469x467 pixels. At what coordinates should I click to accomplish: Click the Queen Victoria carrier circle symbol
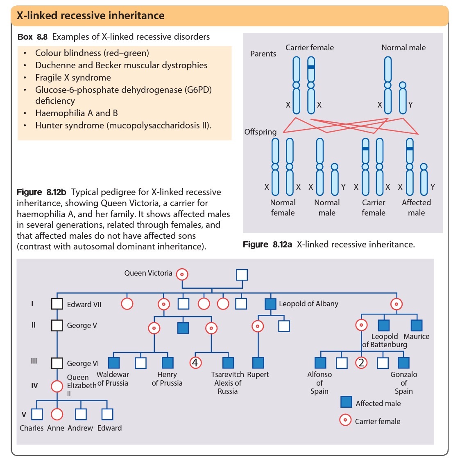[x=182, y=274]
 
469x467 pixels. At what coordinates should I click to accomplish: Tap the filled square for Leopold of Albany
[x=270, y=304]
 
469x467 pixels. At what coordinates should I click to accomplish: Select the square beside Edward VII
[x=57, y=304]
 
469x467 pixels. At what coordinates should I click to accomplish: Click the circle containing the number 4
[x=195, y=363]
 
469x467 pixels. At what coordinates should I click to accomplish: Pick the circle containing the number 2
[x=361, y=363]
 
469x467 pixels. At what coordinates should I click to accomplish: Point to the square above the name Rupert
[x=258, y=363]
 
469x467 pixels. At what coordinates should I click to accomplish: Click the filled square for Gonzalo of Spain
[x=403, y=363]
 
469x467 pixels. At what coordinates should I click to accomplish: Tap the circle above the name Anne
[x=57, y=414]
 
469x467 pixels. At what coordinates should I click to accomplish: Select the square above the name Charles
[x=37, y=414]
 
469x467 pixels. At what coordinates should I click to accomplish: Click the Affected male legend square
[x=346, y=402]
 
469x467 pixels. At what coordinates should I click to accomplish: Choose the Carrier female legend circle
[x=345, y=420]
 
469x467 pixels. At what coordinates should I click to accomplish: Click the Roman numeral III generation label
[x=34, y=361]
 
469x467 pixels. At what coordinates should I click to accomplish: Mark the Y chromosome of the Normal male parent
[x=403, y=98]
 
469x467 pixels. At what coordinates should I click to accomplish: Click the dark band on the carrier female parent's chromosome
[x=311, y=67]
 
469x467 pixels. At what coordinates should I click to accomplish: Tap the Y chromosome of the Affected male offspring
[x=424, y=180]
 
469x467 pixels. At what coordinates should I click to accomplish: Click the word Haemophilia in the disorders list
[x=61, y=113]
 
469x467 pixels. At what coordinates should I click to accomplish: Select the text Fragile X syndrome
[x=73, y=78]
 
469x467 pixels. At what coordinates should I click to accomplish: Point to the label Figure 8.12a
[x=267, y=245]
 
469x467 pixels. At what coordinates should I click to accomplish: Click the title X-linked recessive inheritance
[x=91, y=16]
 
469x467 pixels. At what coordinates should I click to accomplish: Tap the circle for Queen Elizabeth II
[x=57, y=386]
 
